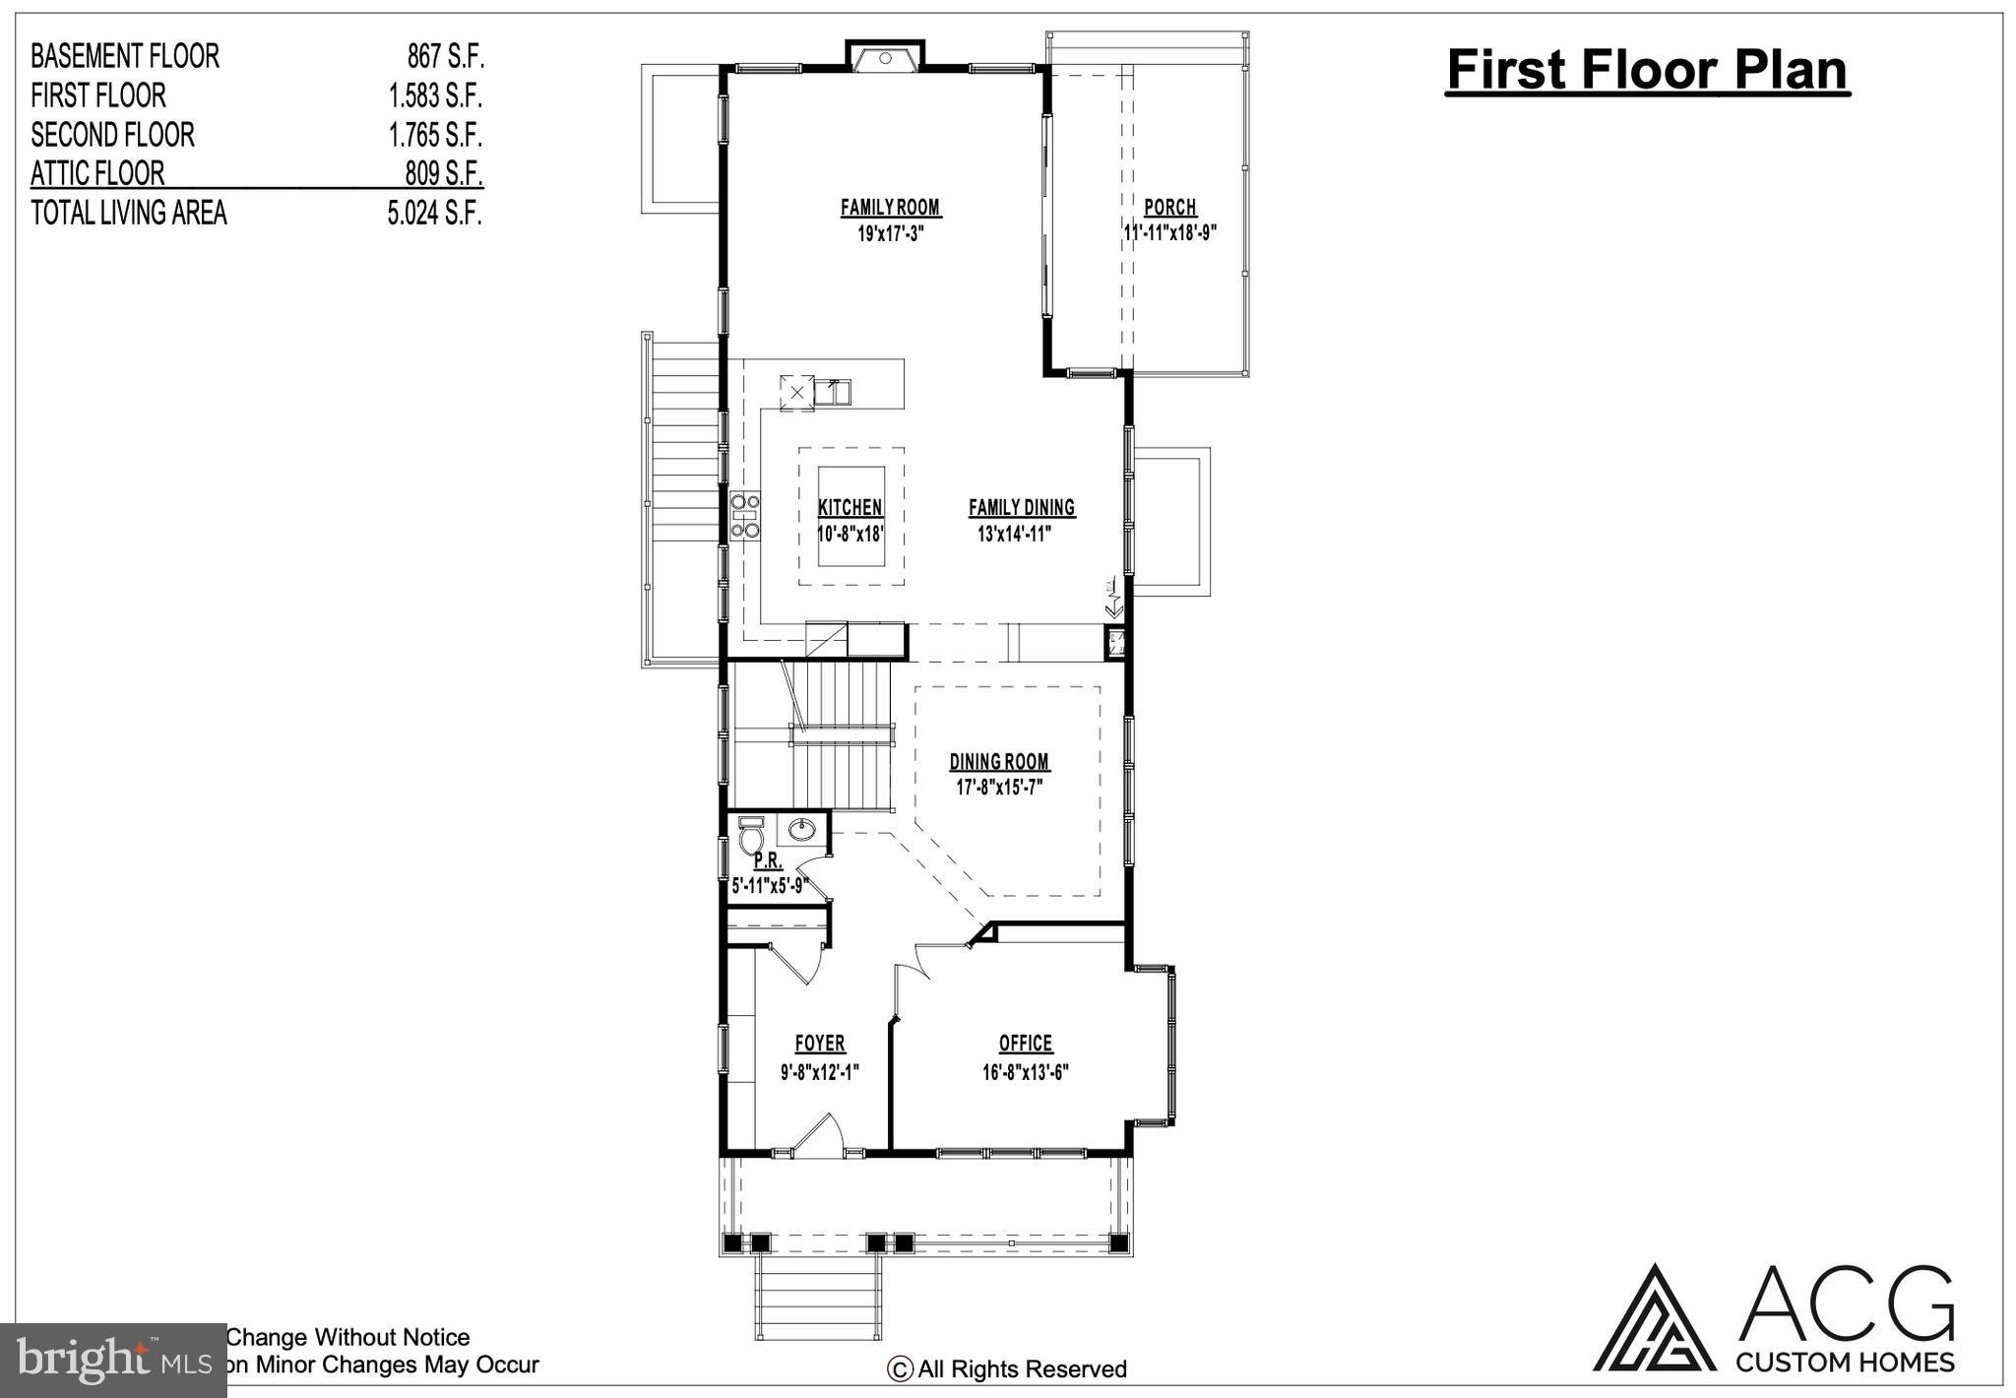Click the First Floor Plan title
tap(1647, 71)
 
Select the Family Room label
tap(890, 208)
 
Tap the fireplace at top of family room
tap(885, 58)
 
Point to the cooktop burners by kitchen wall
tap(745, 516)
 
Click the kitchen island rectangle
tap(850, 516)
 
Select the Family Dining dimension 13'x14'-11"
tap(1014, 535)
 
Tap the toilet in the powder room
tap(750, 839)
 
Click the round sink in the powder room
tap(802, 830)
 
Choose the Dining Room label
tap(999, 762)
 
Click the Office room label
tap(1026, 1044)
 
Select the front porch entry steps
tap(818, 1300)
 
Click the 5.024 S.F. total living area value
tap(434, 213)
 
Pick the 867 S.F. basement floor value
tap(445, 56)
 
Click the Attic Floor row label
tap(97, 173)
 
